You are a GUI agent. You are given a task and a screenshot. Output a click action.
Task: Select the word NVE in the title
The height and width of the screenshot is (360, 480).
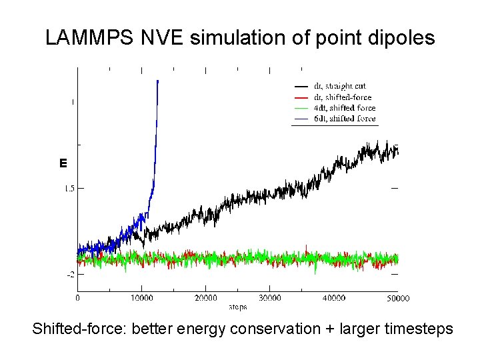tap(163, 38)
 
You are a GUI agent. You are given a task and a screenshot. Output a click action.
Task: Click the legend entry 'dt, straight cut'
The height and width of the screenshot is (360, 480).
tap(339, 86)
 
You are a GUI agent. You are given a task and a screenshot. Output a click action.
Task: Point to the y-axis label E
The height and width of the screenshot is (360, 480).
tap(63, 163)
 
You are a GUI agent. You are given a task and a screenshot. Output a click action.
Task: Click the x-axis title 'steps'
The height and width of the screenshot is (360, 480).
tap(238, 307)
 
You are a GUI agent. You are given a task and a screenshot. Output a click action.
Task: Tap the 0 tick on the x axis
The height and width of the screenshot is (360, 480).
tap(77, 298)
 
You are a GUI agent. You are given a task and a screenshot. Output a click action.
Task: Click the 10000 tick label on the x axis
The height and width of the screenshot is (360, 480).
tap(141, 298)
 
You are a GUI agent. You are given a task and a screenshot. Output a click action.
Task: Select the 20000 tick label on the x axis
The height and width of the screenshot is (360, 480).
tap(206, 298)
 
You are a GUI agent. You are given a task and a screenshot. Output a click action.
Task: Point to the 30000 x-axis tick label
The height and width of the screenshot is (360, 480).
tap(269, 298)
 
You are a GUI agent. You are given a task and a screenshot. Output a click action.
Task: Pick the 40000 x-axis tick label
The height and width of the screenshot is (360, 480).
tap(333, 298)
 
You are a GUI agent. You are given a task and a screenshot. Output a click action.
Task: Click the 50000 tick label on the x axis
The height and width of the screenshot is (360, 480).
tap(397, 298)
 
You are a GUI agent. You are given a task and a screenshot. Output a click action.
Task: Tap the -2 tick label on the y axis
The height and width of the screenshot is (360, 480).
tap(69, 274)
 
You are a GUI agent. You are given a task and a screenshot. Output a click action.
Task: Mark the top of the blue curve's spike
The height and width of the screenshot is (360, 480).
tap(157, 81)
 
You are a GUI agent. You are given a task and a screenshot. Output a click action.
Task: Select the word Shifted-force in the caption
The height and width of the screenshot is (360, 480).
tap(73, 329)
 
